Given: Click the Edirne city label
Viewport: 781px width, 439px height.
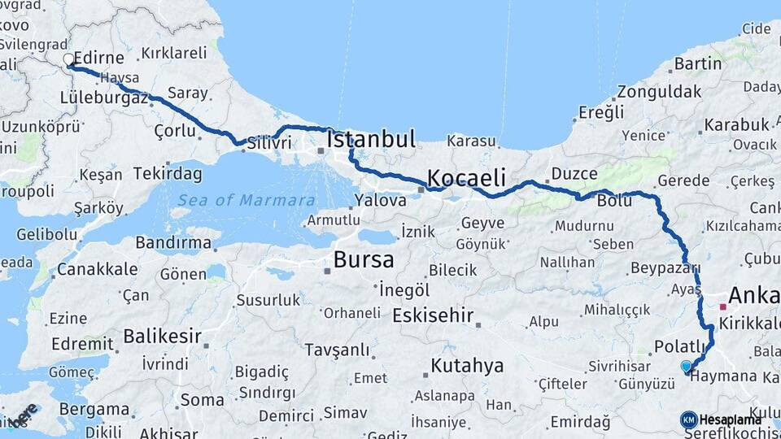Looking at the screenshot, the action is point(98,59).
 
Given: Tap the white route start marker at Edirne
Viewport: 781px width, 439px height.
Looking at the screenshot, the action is point(69,59).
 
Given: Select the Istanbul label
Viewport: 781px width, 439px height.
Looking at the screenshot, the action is point(371,139).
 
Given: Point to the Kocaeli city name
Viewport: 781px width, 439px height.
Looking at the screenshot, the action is point(466,178).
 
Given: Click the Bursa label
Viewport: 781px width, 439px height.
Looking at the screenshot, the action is point(364,261).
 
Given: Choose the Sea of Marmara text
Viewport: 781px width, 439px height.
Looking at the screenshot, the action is point(247,200).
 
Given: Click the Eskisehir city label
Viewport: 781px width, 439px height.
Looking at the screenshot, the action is point(433,315).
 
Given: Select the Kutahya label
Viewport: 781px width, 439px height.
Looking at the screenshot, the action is point(467,366).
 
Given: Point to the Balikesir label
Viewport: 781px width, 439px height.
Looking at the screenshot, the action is point(163,336).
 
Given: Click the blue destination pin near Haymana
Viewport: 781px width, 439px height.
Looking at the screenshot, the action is point(686,367).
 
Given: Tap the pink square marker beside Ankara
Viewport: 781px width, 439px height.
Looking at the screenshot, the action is point(722,307).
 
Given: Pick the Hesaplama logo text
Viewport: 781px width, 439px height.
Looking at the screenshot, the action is point(730,419).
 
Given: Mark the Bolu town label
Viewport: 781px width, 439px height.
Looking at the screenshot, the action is point(614,200).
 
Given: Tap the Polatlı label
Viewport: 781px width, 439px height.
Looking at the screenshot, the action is point(679,347).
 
